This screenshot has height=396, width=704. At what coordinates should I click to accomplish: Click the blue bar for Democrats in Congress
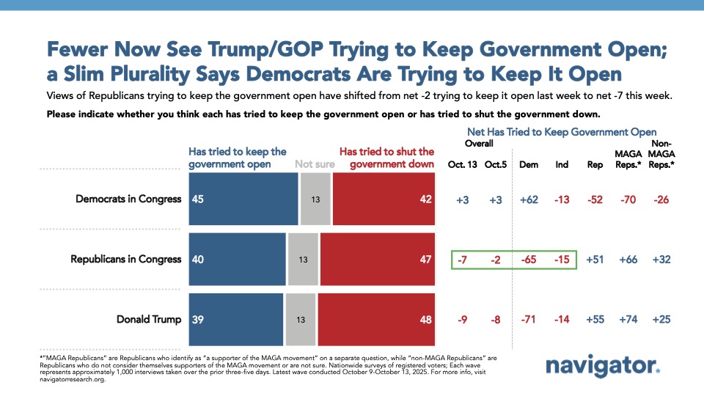click(243, 199)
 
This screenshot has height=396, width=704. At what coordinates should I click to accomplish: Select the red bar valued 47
click(378, 260)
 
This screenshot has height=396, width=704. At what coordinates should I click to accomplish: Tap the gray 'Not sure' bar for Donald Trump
click(301, 319)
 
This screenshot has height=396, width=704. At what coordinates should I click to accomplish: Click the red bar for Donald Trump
click(376, 319)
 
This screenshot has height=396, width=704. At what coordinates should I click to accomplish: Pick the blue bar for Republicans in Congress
click(238, 260)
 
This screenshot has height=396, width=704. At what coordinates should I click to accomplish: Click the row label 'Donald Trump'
click(149, 319)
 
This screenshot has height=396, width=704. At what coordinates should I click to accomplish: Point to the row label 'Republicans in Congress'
click(125, 260)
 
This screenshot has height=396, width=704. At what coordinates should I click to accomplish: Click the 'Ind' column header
click(562, 164)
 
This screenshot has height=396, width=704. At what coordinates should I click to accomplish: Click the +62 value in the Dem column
click(528, 199)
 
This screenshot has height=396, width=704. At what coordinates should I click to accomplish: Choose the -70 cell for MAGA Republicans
click(628, 199)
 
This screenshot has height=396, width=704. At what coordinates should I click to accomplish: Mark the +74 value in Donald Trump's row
click(628, 319)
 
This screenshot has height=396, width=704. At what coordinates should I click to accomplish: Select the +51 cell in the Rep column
click(595, 260)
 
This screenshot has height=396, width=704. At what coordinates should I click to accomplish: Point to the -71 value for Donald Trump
click(528, 319)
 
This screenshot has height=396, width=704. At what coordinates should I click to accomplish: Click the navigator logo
click(603, 366)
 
